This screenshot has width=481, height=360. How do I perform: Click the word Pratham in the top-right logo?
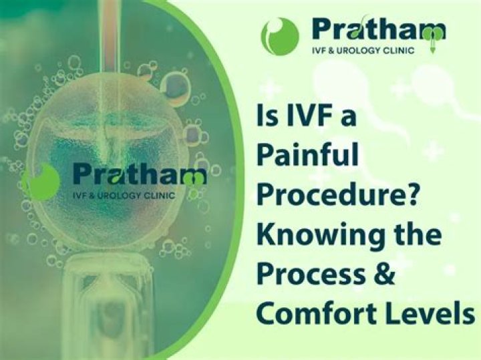(x=378, y=30)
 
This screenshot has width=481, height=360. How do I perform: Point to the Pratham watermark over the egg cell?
(x=139, y=175)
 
